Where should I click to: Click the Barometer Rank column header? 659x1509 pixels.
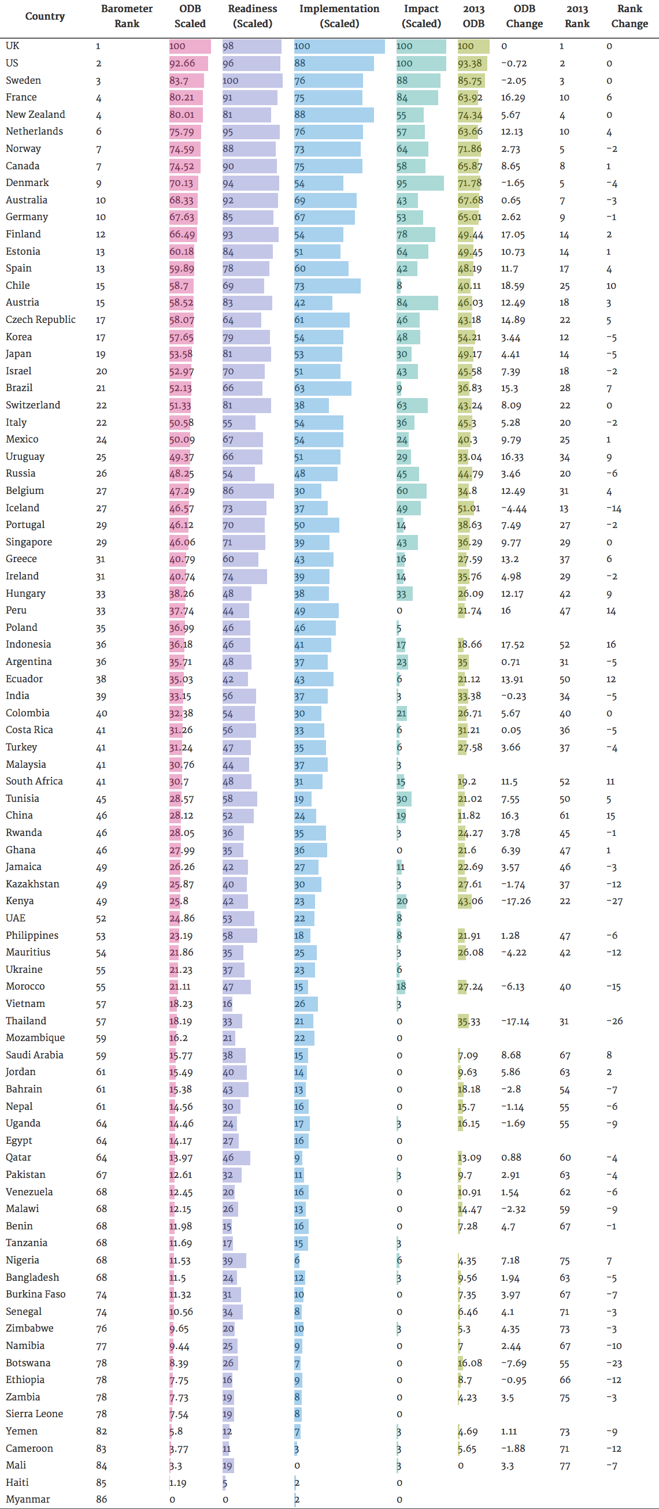click(127, 16)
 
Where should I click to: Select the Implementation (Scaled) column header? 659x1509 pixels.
click(339, 16)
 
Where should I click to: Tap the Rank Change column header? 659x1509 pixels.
click(629, 16)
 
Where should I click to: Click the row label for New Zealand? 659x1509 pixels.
click(35, 115)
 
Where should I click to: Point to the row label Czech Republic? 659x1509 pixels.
click(40, 320)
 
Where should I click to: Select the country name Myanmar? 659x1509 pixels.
click(28, 1499)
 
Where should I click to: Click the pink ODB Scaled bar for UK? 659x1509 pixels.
click(190, 46)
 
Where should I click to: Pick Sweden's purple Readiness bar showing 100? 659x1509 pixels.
click(252, 80)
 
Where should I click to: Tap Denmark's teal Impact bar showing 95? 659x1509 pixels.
click(420, 183)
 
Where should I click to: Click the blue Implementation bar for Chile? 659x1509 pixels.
click(327, 286)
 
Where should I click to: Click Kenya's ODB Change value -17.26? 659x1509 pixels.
click(516, 901)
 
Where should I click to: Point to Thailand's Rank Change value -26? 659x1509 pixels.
click(614, 1021)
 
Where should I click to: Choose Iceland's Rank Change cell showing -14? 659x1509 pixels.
click(613, 508)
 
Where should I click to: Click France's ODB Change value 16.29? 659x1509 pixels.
click(512, 98)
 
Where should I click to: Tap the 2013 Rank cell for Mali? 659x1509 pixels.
click(564, 1466)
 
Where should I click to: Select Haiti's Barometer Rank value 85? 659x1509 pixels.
click(101, 1482)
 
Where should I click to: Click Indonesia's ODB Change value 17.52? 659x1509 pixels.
click(512, 644)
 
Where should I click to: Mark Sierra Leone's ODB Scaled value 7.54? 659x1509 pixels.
click(179, 1414)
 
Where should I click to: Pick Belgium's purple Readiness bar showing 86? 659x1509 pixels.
click(248, 491)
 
